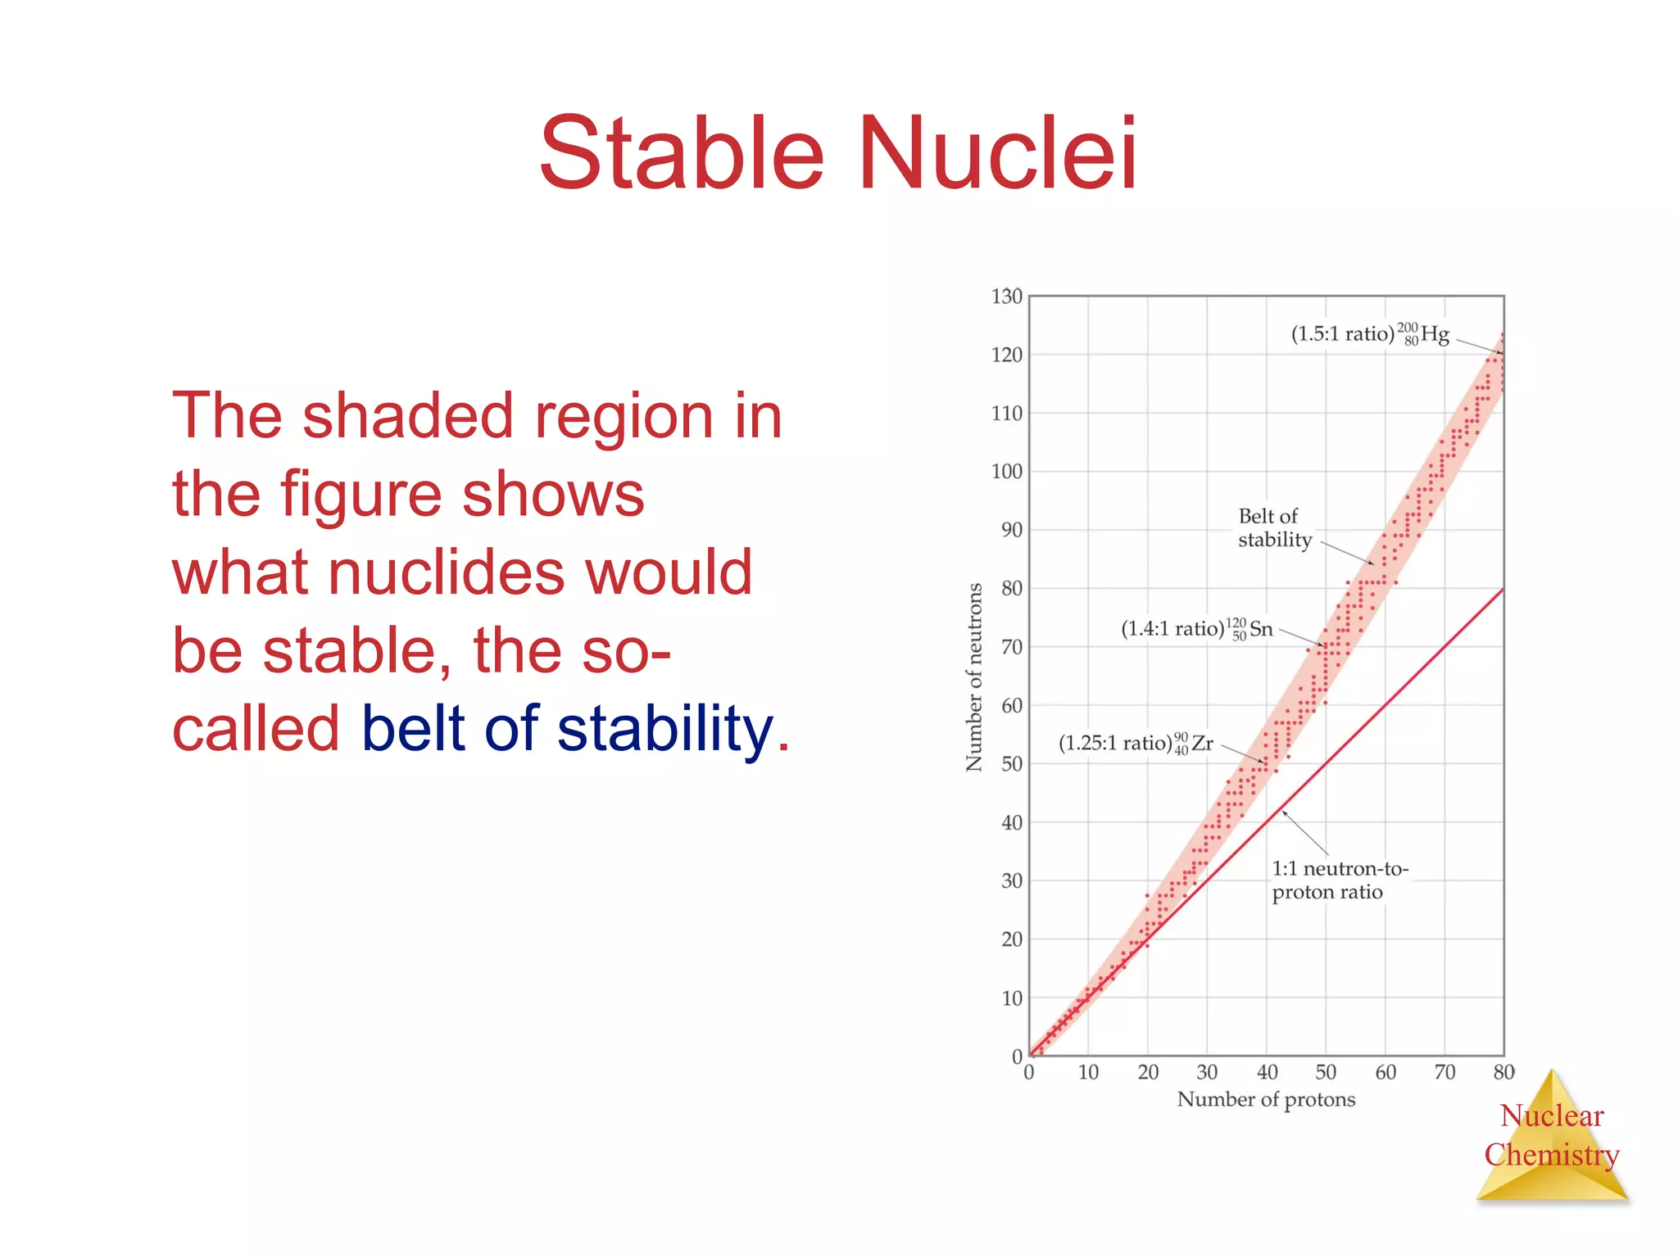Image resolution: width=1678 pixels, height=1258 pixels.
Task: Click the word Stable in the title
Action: [681, 154]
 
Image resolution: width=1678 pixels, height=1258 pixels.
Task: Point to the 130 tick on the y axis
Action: [1006, 296]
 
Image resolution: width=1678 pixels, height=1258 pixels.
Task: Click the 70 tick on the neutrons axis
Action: [1011, 647]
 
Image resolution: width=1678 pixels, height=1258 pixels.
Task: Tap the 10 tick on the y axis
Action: [1011, 998]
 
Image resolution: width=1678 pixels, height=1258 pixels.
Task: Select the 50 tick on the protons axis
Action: [1326, 1072]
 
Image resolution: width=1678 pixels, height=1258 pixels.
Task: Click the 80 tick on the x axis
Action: [1503, 1072]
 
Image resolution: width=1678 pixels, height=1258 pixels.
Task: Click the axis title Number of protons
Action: [1266, 1099]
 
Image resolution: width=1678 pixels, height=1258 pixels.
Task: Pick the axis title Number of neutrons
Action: [973, 677]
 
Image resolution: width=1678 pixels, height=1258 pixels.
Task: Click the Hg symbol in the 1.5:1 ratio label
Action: [1435, 334]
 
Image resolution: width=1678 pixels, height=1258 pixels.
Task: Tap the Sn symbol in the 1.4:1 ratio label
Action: [1261, 629]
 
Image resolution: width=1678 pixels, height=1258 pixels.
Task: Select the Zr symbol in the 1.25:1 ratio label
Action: [1202, 743]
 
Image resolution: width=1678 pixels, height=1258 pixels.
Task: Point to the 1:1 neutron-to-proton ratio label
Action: [1338, 880]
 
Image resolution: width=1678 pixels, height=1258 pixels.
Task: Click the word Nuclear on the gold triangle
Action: [1552, 1115]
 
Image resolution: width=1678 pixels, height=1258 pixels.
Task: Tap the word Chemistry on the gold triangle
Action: [1552, 1155]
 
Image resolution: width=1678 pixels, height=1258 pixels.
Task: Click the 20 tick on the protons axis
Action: [1148, 1072]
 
